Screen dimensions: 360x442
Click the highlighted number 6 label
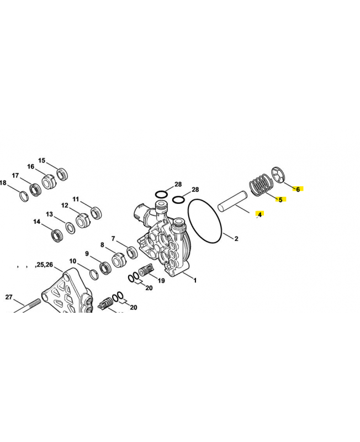click(x=298, y=189)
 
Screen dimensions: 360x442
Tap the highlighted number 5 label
click(x=280, y=199)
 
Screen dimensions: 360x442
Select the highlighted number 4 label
click(x=260, y=214)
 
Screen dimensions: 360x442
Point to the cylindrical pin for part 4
click(x=232, y=201)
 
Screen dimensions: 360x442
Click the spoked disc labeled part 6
click(x=279, y=175)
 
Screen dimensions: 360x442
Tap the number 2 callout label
click(x=236, y=239)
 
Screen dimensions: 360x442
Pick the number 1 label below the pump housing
click(x=195, y=280)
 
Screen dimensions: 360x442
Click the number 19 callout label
click(x=161, y=281)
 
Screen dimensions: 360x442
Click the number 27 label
click(x=9, y=297)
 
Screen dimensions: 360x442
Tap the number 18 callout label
click(x=3, y=183)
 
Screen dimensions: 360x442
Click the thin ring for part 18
click(x=24, y=197)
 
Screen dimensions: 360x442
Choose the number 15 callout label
click(x=42, y=160)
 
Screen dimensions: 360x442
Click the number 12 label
click(x=65, y=205)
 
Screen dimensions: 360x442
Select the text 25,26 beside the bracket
click(x=44, y=265)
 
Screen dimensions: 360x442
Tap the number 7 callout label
click(x=113, y=239)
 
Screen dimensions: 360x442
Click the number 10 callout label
click(x=73, y=261)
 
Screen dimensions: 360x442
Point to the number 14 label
click(x=37, y=222)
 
